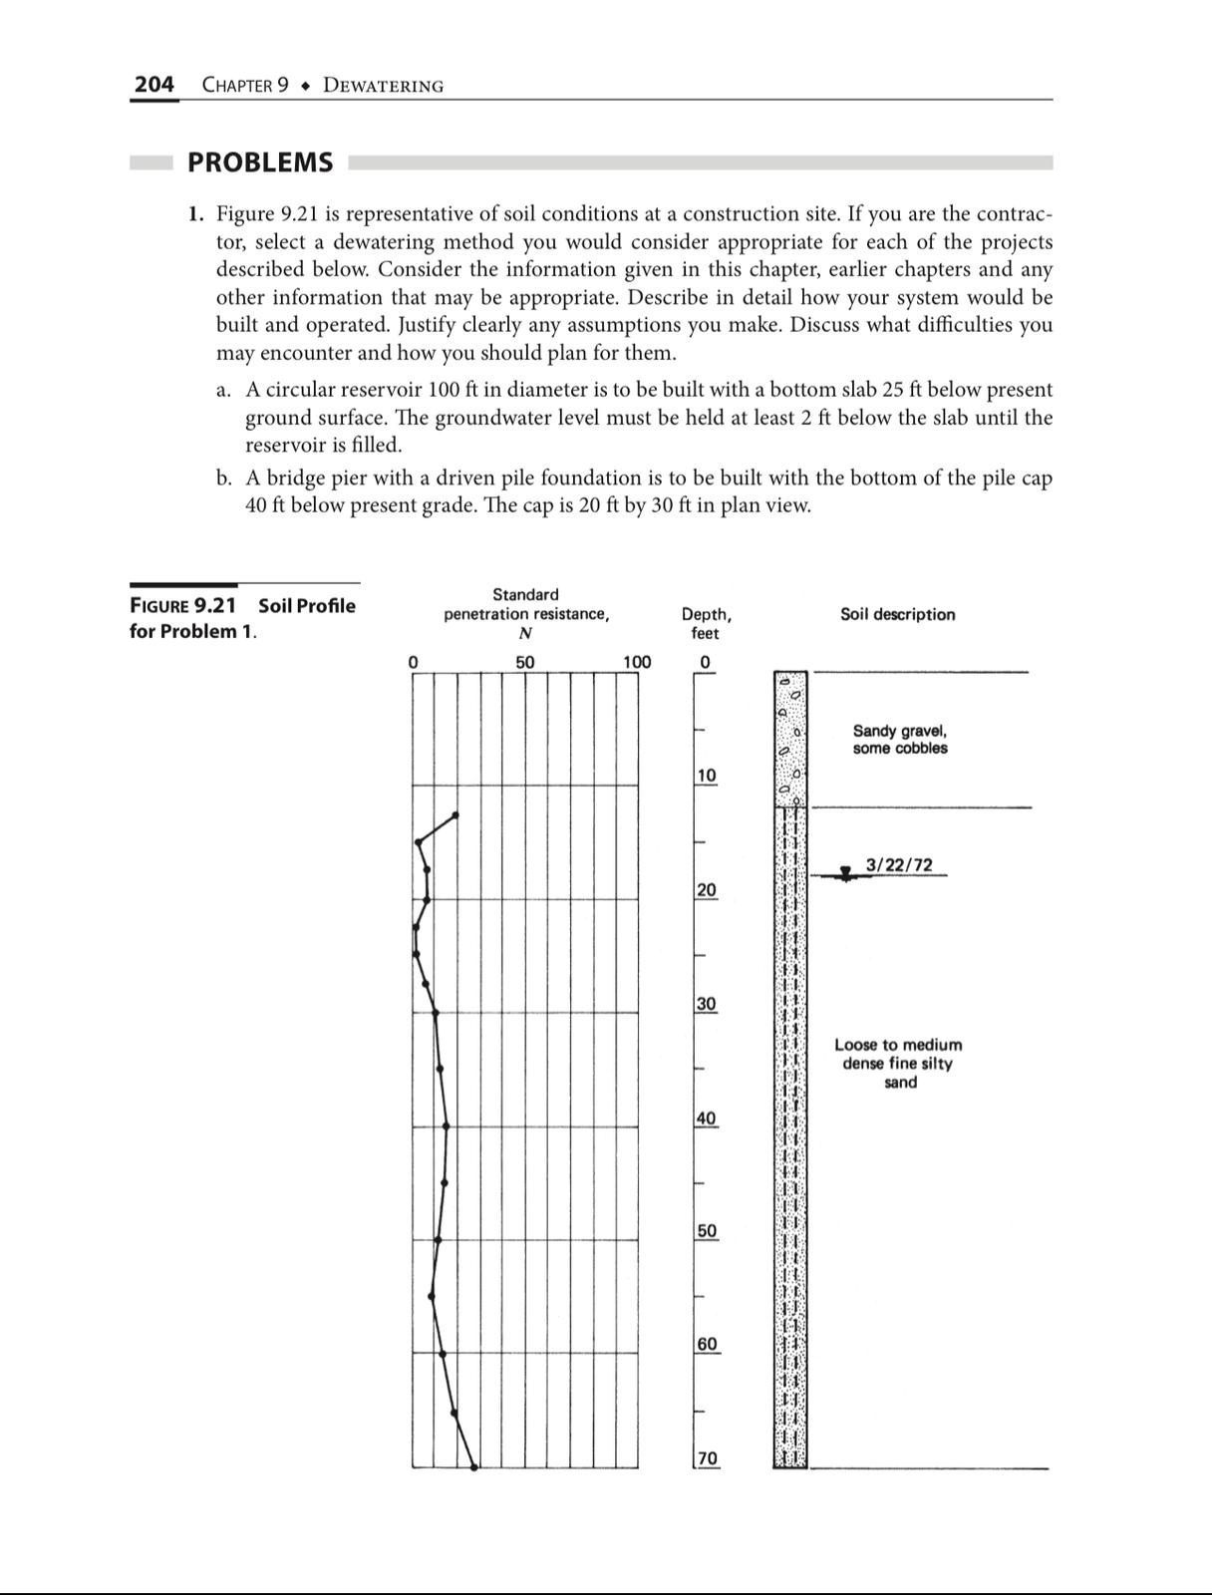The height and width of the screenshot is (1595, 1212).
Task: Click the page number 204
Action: point(153,85)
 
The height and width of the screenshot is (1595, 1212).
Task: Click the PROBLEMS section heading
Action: point(260,162)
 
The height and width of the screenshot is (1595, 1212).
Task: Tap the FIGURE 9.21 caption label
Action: point(183,606)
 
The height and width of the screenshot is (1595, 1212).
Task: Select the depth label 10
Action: point(706,776)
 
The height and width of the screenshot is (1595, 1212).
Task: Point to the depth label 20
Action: point(706,889)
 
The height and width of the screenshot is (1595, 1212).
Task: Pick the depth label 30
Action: point(706,1004)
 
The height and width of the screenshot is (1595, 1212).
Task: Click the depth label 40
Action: point(706,1118)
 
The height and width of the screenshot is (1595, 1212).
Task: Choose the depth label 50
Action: point(706,1231)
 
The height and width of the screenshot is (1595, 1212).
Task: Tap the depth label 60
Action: point(706,1345)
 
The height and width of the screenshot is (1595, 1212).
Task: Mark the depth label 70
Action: point(706,1458)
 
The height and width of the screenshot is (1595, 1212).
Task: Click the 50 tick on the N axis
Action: point(524,662)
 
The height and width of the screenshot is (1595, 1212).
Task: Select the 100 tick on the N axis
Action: point(636,662)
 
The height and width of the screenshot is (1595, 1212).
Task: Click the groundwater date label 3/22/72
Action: point(899,864)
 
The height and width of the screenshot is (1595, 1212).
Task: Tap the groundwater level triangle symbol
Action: point(845,874)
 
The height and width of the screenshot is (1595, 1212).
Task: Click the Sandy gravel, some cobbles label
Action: point(900,740)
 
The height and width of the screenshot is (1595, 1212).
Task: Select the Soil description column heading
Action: point(897,614)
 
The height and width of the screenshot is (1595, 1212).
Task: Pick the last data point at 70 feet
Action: point(474,1467)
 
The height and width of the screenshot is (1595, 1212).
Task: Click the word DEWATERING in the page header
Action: point(383,86)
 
